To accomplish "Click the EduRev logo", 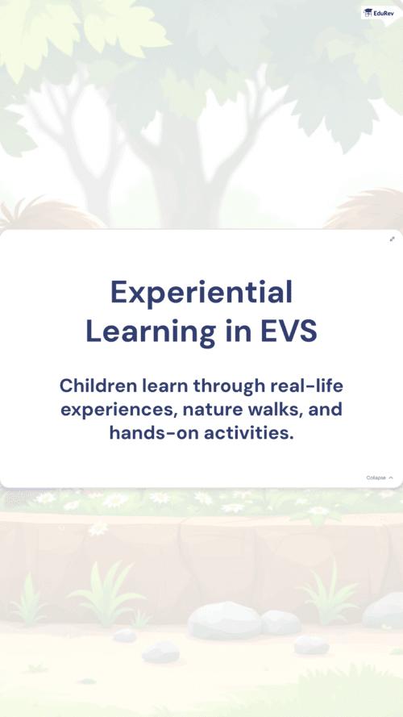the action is (x=379, y=13).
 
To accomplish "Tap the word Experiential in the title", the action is (x=201, y=293).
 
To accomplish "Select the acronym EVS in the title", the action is (x=289, y=332).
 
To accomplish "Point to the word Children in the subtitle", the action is (x=98, y=386).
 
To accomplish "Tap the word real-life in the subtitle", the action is (x=306, y=386).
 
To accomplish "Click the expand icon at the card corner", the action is (x=392, y=240).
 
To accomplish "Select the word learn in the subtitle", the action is (x=164, y=386).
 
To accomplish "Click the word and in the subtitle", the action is (x=326, y=409).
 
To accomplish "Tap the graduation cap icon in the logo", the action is (x=368, y=13).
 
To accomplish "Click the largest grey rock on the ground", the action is (x=224, y=620).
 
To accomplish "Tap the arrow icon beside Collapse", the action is (x=391, y=477).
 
